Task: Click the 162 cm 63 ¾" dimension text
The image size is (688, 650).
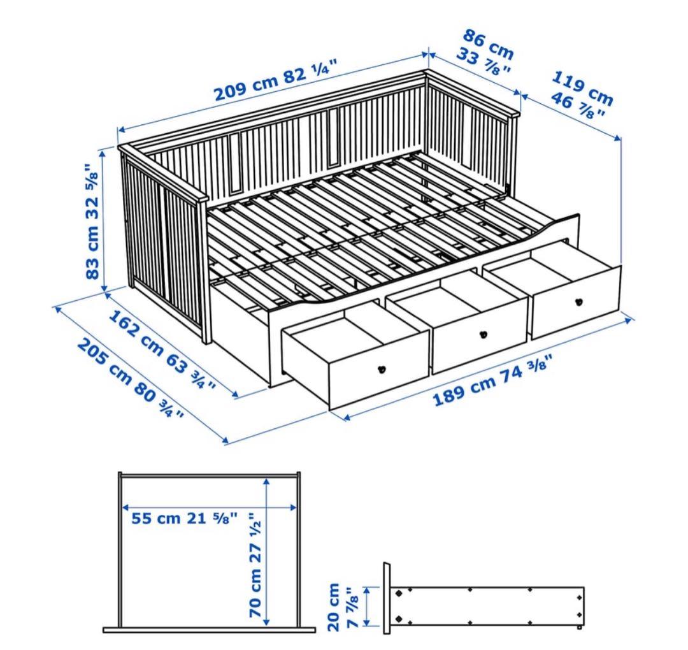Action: pos(161,350)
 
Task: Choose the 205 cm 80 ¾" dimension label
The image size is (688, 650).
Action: pos(131,379)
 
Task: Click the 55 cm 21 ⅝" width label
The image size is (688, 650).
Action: pos(185,518)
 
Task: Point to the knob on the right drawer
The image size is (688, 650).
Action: pos(579,302)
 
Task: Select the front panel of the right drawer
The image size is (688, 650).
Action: pos(577,303)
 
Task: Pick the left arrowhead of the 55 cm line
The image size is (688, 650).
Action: pos(125,508)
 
